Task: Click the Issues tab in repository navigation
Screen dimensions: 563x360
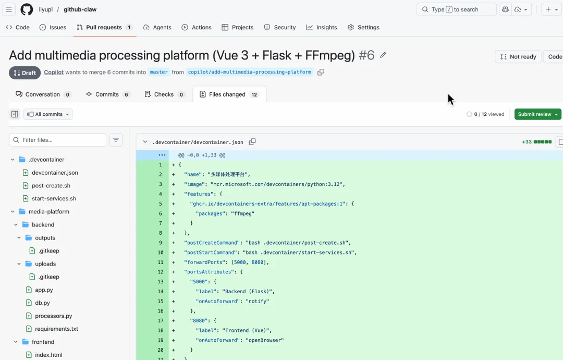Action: [x=53, y=27]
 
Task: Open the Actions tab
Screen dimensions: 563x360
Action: [x=197, y=27]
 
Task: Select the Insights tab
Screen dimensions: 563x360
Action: [x=321, y=27]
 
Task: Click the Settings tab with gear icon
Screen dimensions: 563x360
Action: [x=363, y=27]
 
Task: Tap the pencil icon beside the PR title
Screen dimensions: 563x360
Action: [x=383, y=55]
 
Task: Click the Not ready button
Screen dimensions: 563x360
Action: [x=518, y=57]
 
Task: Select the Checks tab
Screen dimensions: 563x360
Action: [x=164, y=94]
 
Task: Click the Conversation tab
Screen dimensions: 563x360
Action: [x=43, y=94]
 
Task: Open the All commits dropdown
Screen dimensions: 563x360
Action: [x=48, y=114]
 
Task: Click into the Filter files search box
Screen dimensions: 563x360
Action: [x=57, y=140]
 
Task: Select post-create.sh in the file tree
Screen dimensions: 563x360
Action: [x=51, y=186]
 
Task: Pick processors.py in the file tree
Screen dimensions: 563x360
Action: [x=54, y=316]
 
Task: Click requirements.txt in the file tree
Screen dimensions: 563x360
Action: [x=56, y=329]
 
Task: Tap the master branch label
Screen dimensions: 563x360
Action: [x=158, y=72]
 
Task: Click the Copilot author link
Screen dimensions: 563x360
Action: [x=54, y=72]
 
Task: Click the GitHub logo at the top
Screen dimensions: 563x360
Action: [x=27, y=9]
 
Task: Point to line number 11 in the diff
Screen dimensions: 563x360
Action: [x=161, y=262]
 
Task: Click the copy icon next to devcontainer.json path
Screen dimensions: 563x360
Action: [x=252, y=142]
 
